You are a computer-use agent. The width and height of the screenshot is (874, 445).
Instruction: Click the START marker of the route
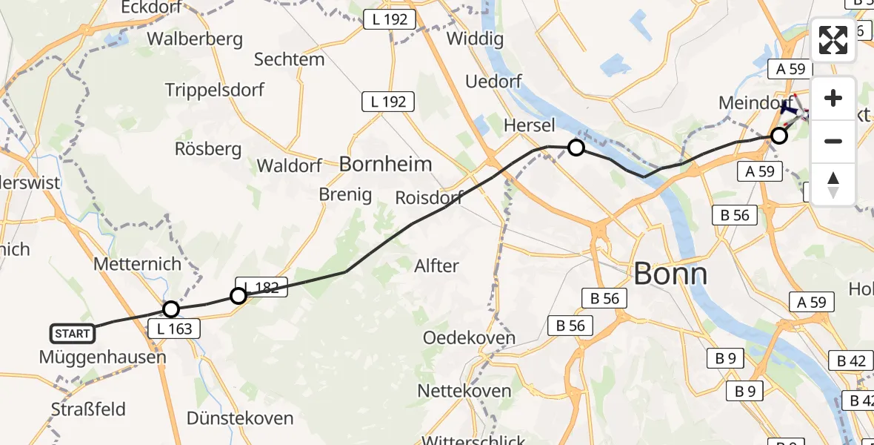coord(73,334)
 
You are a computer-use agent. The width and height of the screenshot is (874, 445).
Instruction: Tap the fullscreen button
coord(833,40)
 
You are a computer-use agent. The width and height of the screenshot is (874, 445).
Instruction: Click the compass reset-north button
coord(833,184)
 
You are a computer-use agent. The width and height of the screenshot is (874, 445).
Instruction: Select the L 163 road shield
coord(175,329)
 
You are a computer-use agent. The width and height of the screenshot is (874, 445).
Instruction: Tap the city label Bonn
coord(670,274)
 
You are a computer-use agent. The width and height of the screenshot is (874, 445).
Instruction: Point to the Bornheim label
coord(385,164)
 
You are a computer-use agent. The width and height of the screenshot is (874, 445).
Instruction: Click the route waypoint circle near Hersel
coord(576,148)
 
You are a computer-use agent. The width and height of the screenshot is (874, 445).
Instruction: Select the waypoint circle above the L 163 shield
coord(171,309)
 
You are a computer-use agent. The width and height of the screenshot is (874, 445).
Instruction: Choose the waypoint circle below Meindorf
coord(778,136)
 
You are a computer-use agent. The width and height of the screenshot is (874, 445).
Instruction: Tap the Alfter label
coord(436,266)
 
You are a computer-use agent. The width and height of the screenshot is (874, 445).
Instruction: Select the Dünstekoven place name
coord(239,418)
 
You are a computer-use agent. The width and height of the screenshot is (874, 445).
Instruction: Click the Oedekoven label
coord(469,337)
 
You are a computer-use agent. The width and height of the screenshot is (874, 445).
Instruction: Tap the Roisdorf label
coord(429,197)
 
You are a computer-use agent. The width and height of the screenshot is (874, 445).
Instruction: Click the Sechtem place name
coord(289,59)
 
